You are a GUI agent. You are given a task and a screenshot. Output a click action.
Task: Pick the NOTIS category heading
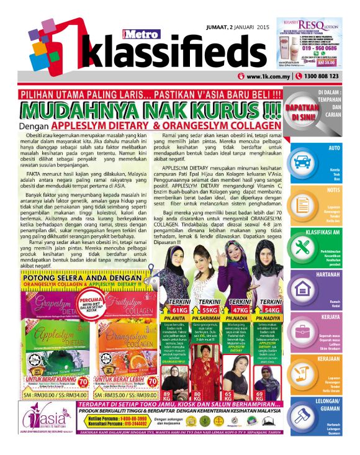click(x=336, y=189)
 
